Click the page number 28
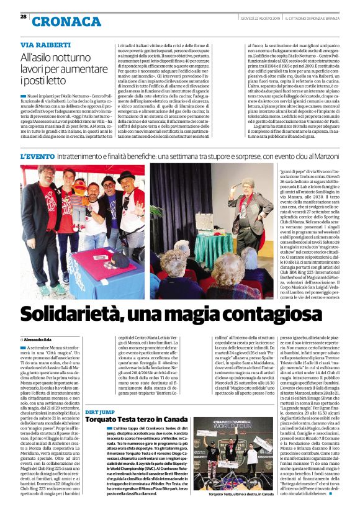(23, 16)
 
